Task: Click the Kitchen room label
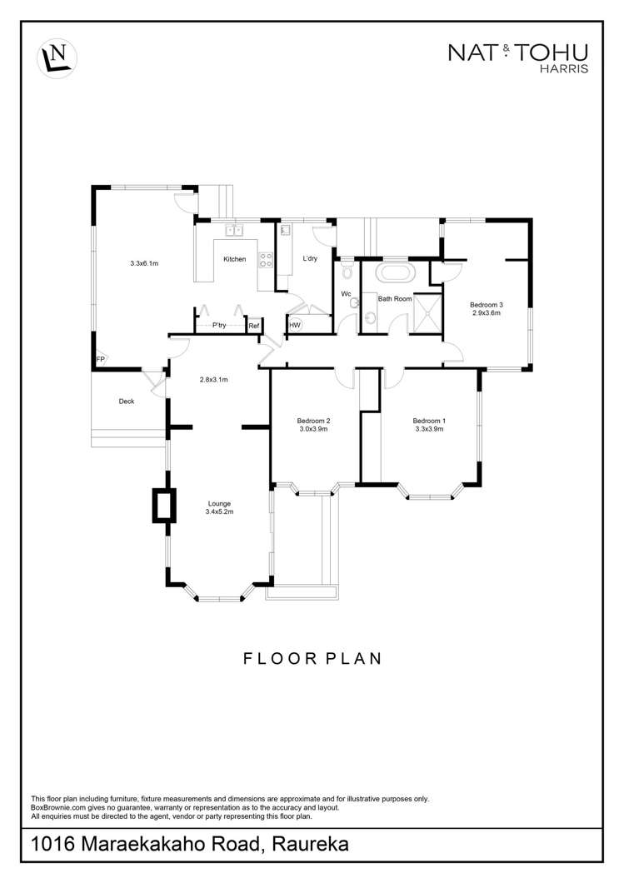pyautogui.click(x=235, y=259)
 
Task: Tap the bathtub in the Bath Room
pyautogui.click(x=396, y=274)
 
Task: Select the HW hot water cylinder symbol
pyautogui.click(x=295, y=326)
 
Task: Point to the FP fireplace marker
pyautogui.click(x=100, y=359)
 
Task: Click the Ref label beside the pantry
pyautogui.click(x=254, y=326)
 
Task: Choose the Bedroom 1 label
pyautogui.click(x=429, y=422)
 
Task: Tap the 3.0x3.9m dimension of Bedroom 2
pyautogui.click(x=313, y=429)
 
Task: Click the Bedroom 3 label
pyautogui.click(x=487, y=305)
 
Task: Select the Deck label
pyautogui.click(x=127, y=402)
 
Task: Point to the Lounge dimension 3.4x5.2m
pyautogui.click(x=220, y=512)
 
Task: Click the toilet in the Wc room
pyautogui.click(x=347, y=272)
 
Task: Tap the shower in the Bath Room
pyautogui.click(x=427, y=314)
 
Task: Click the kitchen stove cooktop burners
pyautogui.click(x=266, y=260)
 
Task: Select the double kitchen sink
pyautogui.click(x=234, y=230)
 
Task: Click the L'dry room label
pyautogui.click(x=310, y=259)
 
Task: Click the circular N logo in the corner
pyautogui.click(x=57, y=57)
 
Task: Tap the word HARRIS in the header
pyautogui.click(x=564, y=69)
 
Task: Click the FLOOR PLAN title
pyautogui.click(x=312, y=658)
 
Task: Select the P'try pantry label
pyautogui.click(x=219, y=326)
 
